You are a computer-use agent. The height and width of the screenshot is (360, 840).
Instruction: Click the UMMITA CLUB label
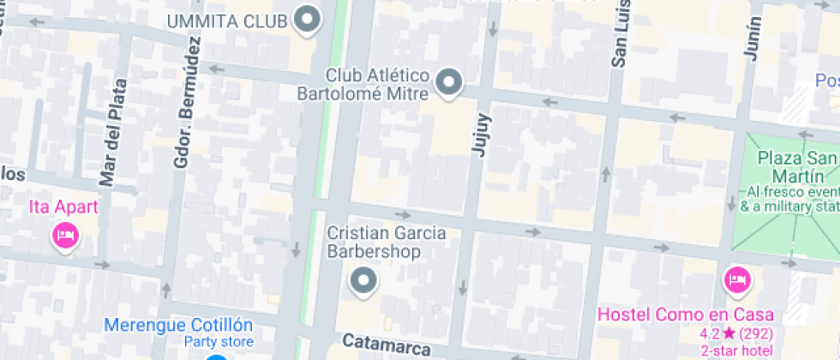227,21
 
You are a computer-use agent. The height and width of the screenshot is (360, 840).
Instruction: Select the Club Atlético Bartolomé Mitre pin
448,82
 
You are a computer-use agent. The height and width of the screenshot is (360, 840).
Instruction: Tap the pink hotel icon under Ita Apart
64,233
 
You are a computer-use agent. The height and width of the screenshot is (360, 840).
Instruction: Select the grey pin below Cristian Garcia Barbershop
364,280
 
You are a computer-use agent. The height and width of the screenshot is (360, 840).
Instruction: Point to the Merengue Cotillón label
178,325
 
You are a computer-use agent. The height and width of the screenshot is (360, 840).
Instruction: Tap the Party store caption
219,342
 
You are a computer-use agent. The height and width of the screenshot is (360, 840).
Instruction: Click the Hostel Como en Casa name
685,315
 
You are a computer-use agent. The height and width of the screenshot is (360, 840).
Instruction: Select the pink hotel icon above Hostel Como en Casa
736,279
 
